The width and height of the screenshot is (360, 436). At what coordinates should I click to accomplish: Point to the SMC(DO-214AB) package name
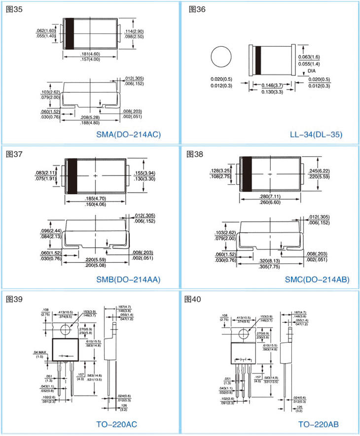coord(317,280)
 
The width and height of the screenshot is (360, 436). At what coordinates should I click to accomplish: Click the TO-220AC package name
coord(115,424)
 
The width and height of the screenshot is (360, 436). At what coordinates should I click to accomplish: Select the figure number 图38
coord(195,154)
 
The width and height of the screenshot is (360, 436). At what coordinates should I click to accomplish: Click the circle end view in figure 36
coord(221,58)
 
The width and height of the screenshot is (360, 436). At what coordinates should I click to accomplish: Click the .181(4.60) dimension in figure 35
coord(90,54)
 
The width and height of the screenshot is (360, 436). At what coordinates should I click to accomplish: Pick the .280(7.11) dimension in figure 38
coord(269,197)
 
